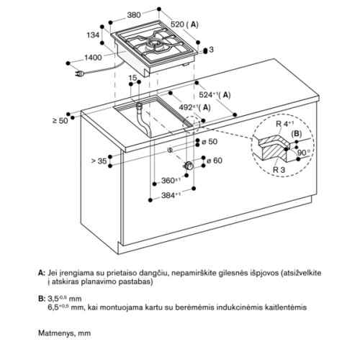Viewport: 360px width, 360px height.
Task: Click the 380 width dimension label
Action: [x=134, y=15]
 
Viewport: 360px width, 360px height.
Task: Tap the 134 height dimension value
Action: [x=93, y=35]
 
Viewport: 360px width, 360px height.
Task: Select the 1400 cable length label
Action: [x=93, y=58]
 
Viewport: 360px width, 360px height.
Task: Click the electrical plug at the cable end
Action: [x=79, y=74]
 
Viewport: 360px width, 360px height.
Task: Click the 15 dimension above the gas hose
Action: [x=132, y=78]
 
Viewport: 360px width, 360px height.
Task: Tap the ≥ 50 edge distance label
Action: [x=60, y=120]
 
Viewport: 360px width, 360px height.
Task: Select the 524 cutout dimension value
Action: [x=208, y=95]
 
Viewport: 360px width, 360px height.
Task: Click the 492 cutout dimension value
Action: [x=188, y=107]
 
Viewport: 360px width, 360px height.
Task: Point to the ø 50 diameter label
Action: [x=210, y=142]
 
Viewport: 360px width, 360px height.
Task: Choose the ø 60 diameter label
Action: [x=215, y=161]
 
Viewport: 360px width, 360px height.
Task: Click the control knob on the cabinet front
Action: [x=189, y=166]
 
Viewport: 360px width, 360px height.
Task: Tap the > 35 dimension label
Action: [x=99, y=161]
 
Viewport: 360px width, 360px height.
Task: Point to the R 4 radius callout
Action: [x=284, y=124]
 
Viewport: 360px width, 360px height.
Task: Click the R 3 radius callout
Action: [x=279, y=170]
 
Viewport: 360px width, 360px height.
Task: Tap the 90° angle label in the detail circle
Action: [x=304, y=153]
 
